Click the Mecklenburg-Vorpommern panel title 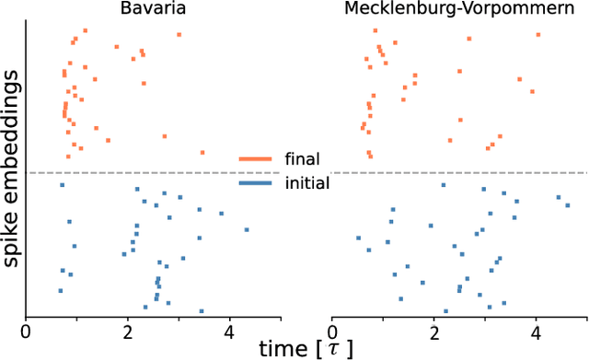[x=458, y=9]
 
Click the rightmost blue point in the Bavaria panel [x=247, y=229]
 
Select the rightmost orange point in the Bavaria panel [x=202, y=153]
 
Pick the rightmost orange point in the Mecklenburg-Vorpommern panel [x=538, y=35]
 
